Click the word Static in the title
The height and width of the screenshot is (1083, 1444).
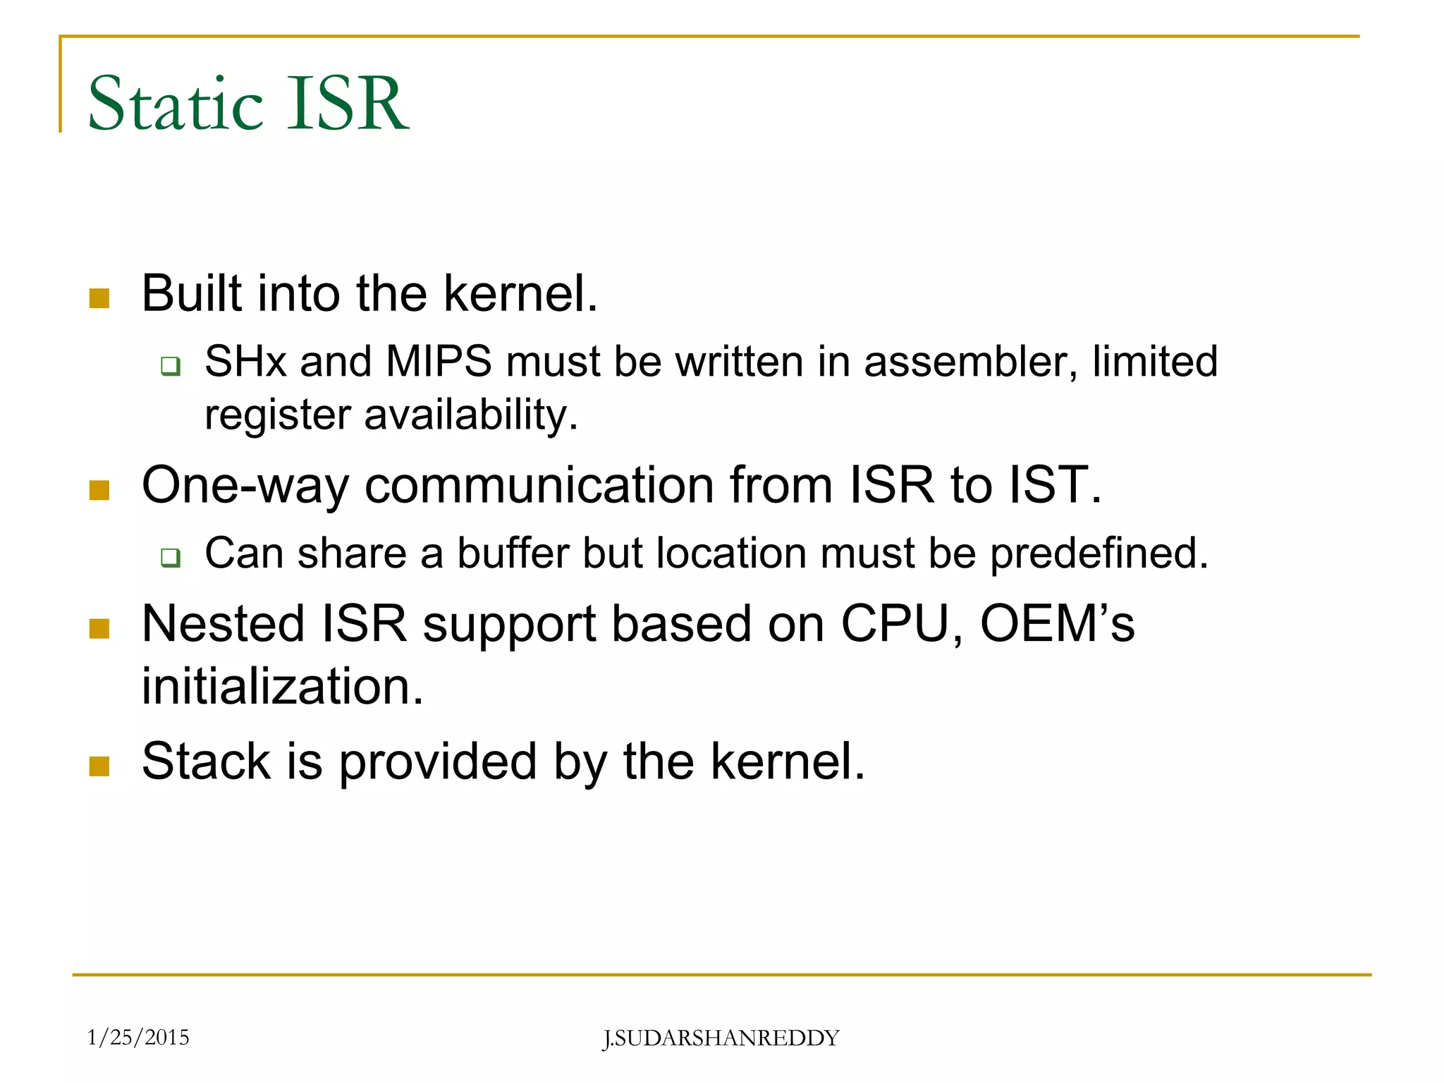176,104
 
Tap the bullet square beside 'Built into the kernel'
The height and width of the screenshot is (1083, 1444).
99,298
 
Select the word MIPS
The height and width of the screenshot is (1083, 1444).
439,362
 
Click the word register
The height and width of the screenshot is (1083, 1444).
277,415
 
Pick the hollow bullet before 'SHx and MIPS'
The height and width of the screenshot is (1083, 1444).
170,366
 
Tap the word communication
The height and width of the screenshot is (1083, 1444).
539,485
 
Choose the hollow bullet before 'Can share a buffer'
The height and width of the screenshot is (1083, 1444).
170,558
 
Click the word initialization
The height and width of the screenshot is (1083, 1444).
283,685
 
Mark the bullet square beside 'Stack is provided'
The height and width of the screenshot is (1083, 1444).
99,766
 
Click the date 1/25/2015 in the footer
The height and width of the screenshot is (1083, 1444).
138,1037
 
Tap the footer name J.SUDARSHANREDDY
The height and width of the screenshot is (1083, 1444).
721,1039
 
